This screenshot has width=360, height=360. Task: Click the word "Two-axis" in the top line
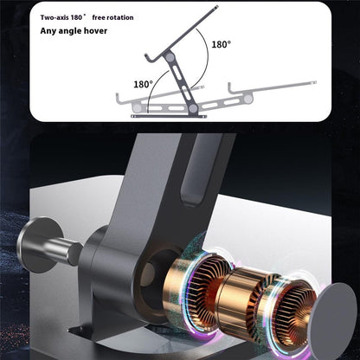(55, 17)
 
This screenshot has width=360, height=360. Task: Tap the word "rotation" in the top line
(120, 17)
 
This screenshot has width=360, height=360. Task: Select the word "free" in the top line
(99, 17)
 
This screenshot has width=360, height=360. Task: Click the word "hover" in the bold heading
(95, 30)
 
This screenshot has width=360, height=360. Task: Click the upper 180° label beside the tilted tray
(222, 44)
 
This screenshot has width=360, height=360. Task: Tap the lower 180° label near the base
(143, 84)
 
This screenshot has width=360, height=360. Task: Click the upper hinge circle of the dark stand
(170, 57)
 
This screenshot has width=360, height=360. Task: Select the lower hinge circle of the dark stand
(193, 108)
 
